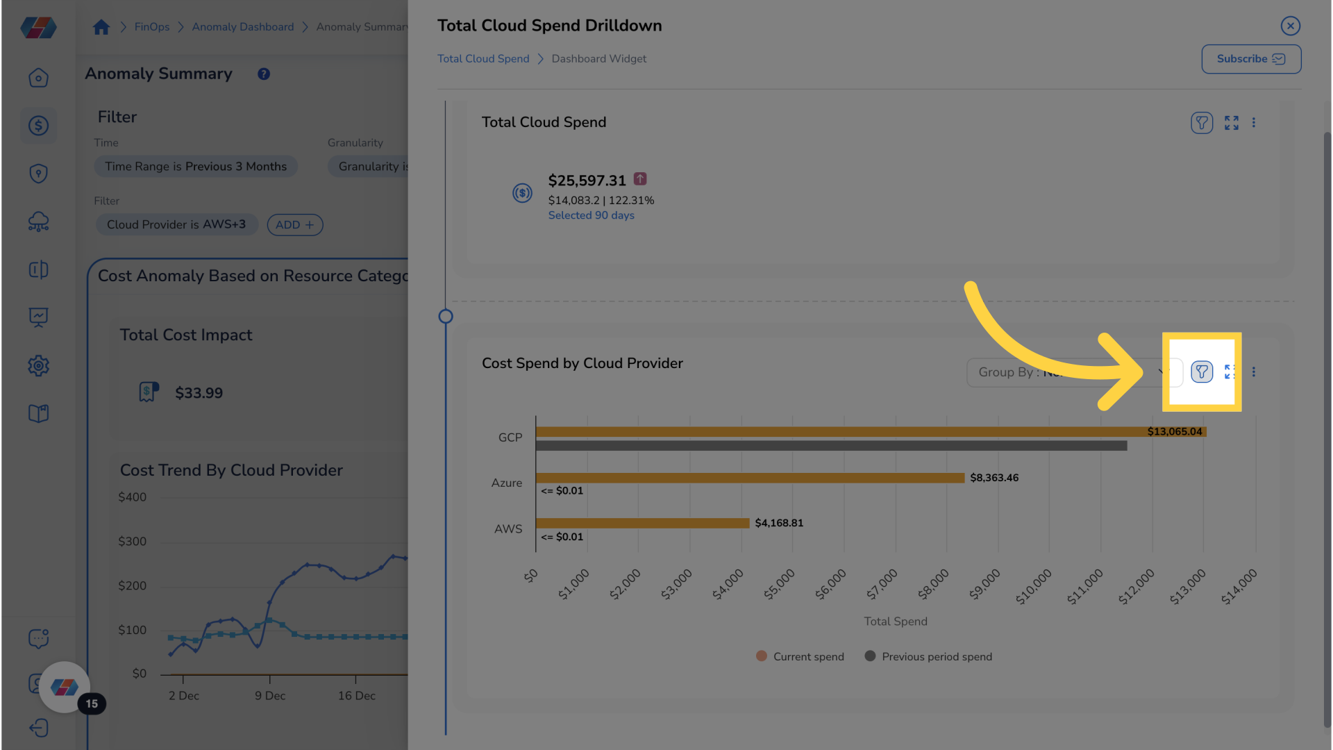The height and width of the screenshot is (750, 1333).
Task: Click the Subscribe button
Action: tap(1251, 59)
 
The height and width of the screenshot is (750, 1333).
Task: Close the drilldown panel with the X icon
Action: tap(1290, 26)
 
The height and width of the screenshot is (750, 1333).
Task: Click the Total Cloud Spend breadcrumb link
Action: tap(483, 59)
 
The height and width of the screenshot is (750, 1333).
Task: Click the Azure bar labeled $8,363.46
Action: tap(750, 478)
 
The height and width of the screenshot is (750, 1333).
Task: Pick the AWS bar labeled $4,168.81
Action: tap(642, 523)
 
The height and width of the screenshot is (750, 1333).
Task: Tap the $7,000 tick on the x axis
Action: tap(882, 583)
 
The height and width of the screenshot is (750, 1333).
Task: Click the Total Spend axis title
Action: tap(895, 622)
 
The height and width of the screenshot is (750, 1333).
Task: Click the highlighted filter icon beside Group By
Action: tap(1202, 372)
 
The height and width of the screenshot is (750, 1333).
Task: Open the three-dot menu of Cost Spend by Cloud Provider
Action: tap(1254, 372)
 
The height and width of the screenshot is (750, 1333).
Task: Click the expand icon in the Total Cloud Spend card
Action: tap(1231, 123)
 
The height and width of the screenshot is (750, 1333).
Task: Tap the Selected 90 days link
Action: tap(591, 215)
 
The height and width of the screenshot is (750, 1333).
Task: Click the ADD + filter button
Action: tap(295, 225)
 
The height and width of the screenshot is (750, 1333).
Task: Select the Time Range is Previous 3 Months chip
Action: tap(196, 167)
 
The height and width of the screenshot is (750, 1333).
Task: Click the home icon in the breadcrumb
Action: tap(101, 27)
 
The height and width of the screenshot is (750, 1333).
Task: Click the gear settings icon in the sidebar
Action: tap(38, 366)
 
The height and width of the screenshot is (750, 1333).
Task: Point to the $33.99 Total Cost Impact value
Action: tap(199, 393)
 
